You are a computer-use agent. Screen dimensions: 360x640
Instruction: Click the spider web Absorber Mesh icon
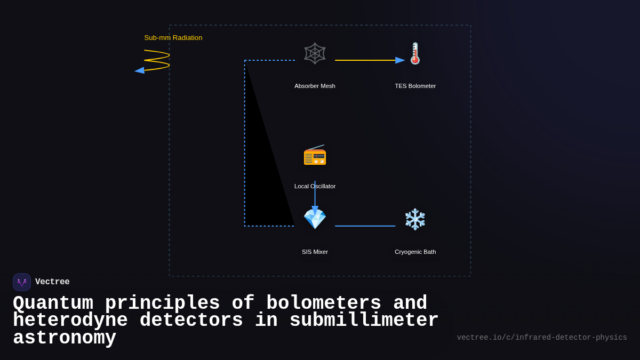315,53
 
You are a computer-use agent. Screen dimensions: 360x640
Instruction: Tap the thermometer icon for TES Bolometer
415,53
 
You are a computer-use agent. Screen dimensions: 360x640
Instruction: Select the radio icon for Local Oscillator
315,155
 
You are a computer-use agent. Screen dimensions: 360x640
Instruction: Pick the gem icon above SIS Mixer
315,219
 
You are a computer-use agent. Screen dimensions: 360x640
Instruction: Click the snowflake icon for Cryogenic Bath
415,219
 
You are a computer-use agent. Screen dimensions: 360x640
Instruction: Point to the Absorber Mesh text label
315,86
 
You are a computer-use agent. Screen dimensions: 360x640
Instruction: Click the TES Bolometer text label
415,86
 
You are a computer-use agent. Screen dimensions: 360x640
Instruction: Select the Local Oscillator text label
315,186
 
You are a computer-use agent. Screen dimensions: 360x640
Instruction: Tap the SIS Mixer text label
315,252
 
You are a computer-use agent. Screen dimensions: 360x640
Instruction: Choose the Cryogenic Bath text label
415,252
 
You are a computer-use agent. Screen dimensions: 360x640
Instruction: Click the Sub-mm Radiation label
173,38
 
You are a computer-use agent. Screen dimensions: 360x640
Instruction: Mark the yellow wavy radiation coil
157,60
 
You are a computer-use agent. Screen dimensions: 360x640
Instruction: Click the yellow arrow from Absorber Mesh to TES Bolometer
368,60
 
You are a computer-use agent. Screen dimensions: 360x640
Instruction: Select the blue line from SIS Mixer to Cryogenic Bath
365,226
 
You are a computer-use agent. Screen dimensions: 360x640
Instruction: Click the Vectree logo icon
22,282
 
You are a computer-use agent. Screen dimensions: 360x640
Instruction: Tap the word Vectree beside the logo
52,282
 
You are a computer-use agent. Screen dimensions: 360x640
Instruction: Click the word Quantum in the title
53,303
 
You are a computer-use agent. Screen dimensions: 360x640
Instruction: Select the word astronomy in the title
65,338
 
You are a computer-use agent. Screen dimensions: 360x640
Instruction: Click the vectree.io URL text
541,338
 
